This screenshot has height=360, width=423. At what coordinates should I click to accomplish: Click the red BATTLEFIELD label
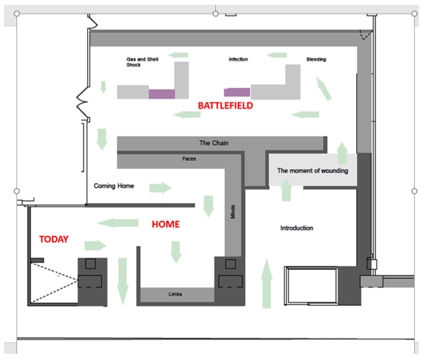coord(225,106)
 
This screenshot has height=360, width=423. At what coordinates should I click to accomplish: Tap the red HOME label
coord(166,224)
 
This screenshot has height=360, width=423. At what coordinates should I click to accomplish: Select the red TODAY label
coord(54,239)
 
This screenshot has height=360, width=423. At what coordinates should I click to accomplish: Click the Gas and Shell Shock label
coord(142,62)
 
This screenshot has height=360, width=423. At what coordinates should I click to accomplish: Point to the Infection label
coord(238,59)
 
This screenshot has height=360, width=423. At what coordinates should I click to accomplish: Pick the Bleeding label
coord(316,59)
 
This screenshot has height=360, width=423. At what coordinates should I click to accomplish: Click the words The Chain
coord(214,143)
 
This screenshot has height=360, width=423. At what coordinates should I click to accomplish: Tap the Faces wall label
coord(189,159)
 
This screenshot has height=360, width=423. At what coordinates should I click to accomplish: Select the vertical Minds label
coord(233,212)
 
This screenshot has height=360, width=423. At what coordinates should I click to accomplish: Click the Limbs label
coord(175,294)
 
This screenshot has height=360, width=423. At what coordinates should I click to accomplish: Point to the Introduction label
coord(297,228)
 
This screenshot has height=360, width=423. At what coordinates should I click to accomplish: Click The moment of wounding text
coord(313,170)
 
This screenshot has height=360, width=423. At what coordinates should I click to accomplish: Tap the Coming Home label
coord(114,186)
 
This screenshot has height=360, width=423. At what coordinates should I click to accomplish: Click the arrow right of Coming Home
coord(160,187)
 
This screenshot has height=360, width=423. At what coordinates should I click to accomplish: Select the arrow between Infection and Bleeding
coord(277,55)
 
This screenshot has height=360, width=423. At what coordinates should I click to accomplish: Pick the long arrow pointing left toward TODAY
coord(117,223)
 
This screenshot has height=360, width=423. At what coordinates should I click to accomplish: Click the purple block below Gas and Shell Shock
coord(162,94)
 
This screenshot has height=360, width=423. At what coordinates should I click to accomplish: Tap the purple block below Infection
coord(237,92)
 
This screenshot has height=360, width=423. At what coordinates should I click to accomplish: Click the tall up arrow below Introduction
coord(267,283)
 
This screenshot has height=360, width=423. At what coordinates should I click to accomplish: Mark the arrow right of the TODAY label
coord(95,245)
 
